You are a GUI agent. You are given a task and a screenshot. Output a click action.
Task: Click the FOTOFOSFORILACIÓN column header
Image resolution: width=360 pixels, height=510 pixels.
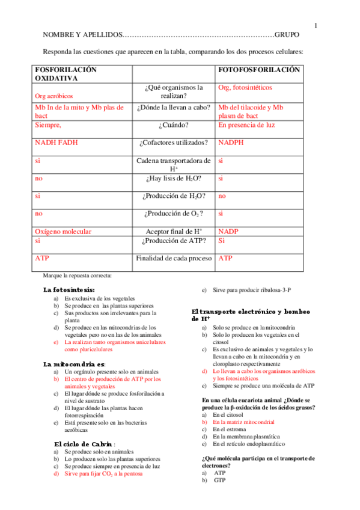(258, 70)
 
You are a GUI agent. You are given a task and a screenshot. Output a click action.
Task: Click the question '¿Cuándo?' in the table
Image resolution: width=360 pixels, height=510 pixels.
(174, 125)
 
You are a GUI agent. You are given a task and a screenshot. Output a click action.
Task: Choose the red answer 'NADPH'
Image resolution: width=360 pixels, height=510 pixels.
(231, 143)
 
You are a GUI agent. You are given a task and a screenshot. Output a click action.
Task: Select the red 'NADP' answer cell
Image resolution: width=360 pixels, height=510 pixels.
(228, 231)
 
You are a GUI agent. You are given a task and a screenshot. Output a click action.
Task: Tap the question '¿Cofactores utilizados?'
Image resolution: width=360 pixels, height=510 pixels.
(174, 143)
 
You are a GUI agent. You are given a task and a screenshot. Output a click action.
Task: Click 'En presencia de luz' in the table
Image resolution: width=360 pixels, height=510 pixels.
(246, 125)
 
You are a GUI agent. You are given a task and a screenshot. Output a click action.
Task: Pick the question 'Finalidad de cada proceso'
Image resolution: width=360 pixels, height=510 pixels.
(174, 258)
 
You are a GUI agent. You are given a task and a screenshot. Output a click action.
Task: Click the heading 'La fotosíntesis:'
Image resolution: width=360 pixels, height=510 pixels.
(73, 289)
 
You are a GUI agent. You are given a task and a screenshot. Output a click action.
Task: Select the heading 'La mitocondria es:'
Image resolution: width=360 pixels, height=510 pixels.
(74, 364)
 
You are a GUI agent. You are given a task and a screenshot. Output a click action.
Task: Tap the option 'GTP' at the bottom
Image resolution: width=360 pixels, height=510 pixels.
(219, 480)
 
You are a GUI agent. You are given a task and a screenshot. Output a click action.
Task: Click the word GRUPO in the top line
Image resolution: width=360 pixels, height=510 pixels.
(290, 35)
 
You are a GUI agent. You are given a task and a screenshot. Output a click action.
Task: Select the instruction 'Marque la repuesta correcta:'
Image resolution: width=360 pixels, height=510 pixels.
(78, 275)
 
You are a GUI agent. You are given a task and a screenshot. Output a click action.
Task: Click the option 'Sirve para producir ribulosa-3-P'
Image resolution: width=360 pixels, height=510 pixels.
(252, 290)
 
